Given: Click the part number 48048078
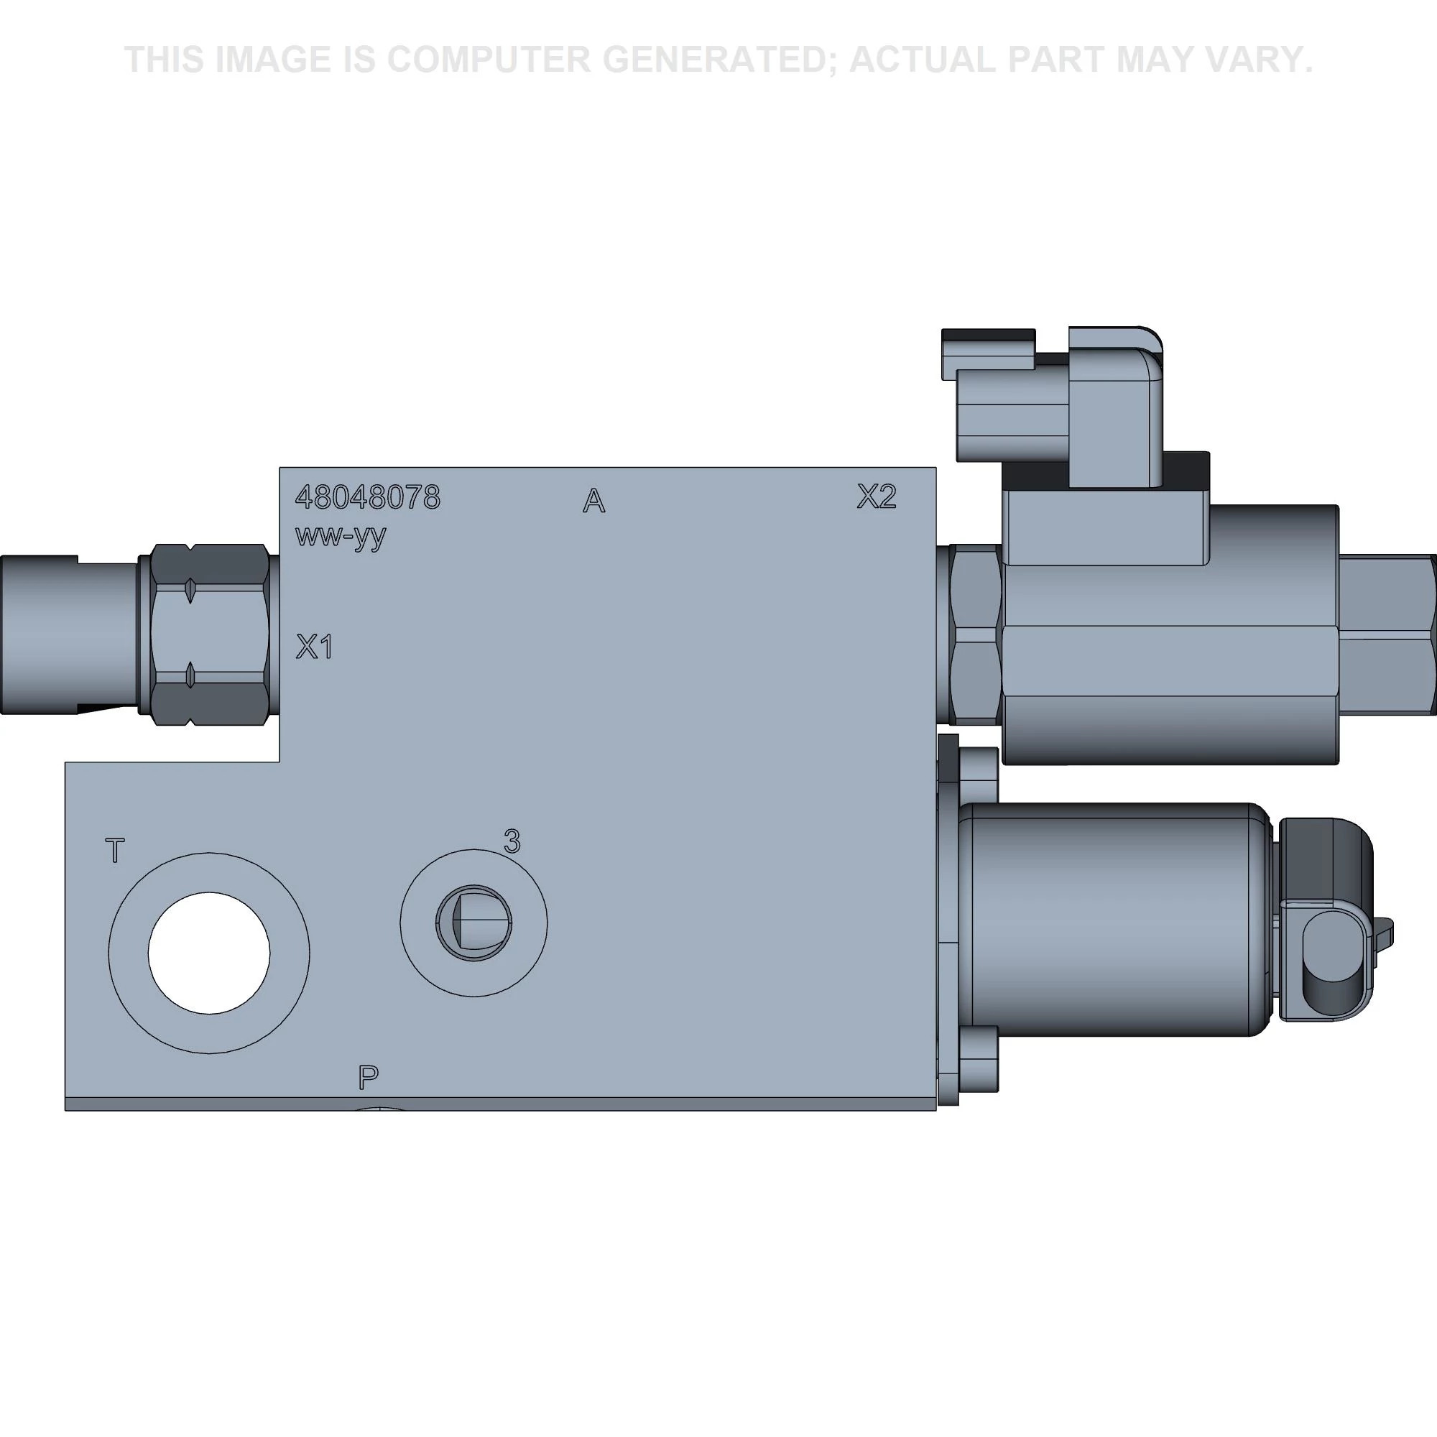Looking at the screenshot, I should click(x=367, y=498).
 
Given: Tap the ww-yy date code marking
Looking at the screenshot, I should click(x=341, y=535).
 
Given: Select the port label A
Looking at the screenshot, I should click(x=593, y=502).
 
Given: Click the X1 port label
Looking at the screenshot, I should click(x=314, y=647).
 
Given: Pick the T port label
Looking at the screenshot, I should click(x=115, y=850).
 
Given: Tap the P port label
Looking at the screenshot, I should click(x=368, y=1076).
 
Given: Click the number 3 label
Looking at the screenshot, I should click(x=512, y=841).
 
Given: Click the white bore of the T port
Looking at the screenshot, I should click(x=209, y=953).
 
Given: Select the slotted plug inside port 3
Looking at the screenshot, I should click(x=473, y=923).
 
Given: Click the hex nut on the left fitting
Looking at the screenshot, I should click(x=210, y=634).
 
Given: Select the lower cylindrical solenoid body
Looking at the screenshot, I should click(x=1116, y=920).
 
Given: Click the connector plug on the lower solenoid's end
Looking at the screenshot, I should click(x=1329, y=920).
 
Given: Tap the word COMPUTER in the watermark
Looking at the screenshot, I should click(x=488, y=60).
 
